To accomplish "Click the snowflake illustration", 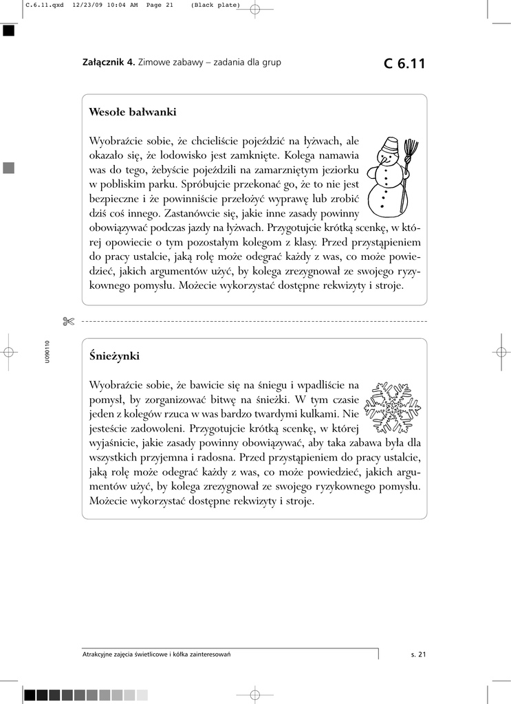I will tap(391, 407).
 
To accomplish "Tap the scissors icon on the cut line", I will tap(67, 321).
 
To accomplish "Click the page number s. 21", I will tap(418, 654).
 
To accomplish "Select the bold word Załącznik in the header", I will tap(108, 63).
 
